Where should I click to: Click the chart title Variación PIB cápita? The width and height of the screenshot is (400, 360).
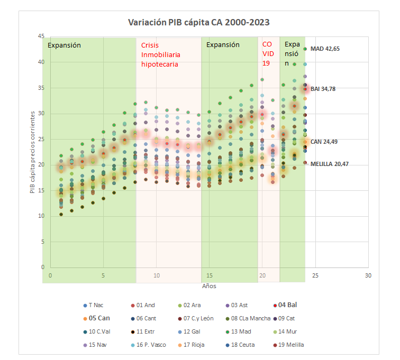tap(199, 22)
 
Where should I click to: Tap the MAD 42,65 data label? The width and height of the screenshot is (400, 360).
tap(325, 49)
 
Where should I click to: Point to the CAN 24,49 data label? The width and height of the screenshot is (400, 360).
tap(324, 141)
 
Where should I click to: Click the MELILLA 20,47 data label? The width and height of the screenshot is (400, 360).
tap(329, 164)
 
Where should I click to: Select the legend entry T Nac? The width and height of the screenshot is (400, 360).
tap(96, 305)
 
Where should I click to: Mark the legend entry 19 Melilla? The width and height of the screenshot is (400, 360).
tap(290, 345)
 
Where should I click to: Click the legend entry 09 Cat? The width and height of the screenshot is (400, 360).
tap(289, 318)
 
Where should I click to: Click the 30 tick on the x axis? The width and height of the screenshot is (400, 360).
tap(368, 275)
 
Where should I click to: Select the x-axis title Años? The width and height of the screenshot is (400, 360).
tap(209, 285)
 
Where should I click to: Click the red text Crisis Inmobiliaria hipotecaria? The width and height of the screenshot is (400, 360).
tap(160, 54)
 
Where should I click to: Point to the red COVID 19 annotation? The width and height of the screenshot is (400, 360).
tap(268, 54)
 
